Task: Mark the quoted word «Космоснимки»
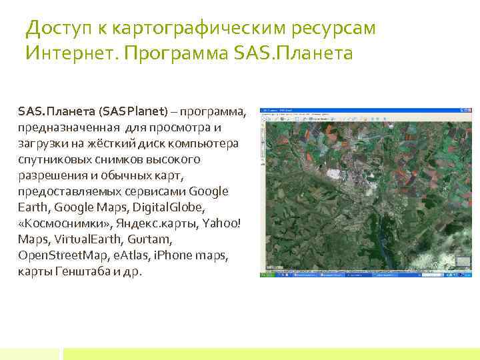pos(55,223)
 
